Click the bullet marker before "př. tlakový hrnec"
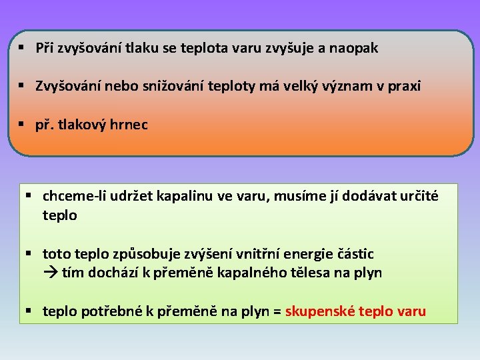click(x=22, y=125)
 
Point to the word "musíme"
click(x=300, y=196)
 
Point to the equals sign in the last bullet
click(x=277, y=311)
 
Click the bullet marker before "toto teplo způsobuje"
click(x=29, y=254)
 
